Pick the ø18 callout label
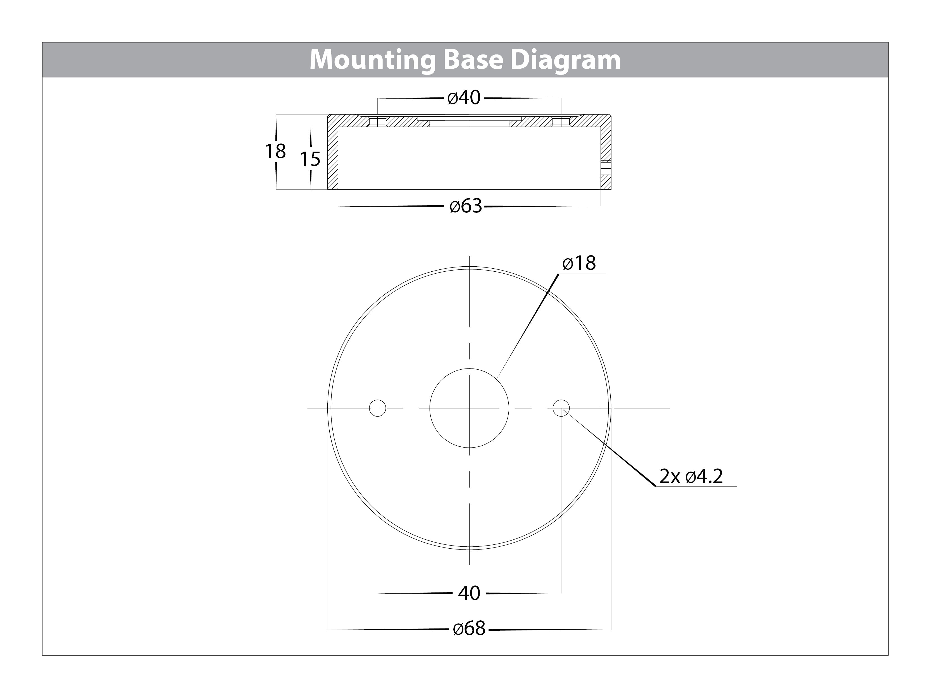(579, 263)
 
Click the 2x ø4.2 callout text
(691, 476)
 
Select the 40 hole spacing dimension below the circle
(469, 593)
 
